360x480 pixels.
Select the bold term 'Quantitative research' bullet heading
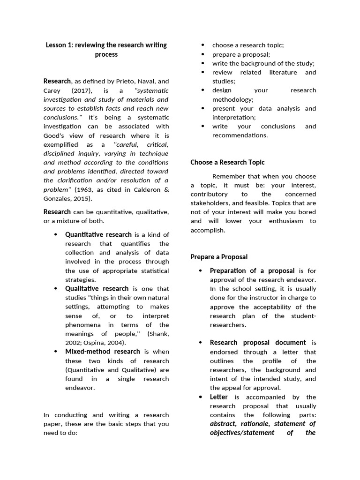coord(98,234)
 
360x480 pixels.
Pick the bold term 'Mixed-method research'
coord(103,351)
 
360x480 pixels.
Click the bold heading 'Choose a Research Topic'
coord(227,162)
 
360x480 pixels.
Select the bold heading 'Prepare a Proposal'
coord(219,257)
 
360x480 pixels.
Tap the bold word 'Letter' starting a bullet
coord(219,397)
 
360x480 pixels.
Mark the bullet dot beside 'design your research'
coord(202,90)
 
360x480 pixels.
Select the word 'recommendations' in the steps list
coord(240,135)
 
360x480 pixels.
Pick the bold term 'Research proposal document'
coord(258,343)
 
